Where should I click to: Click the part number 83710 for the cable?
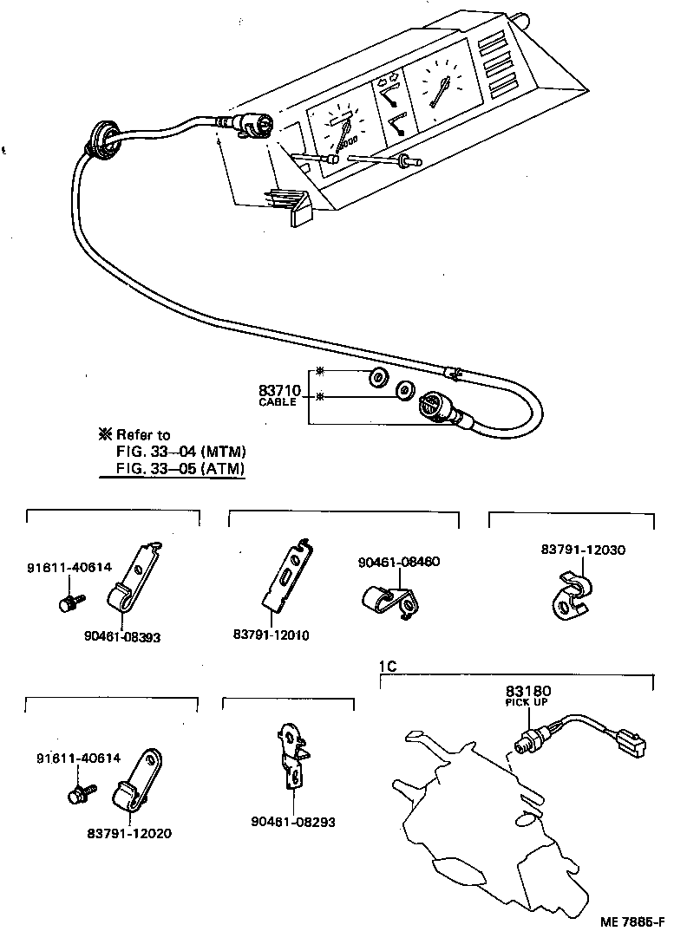278,390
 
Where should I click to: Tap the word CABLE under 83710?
278,402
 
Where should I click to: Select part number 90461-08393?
122,636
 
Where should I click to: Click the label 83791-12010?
271,635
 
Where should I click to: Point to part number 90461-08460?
399,562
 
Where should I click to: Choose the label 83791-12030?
582,550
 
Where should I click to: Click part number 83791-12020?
129,834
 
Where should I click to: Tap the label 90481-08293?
293,822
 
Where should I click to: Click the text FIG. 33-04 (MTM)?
181,452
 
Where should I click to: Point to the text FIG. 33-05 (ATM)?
181,469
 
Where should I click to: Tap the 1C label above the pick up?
388,667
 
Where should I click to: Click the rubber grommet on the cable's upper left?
101,141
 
